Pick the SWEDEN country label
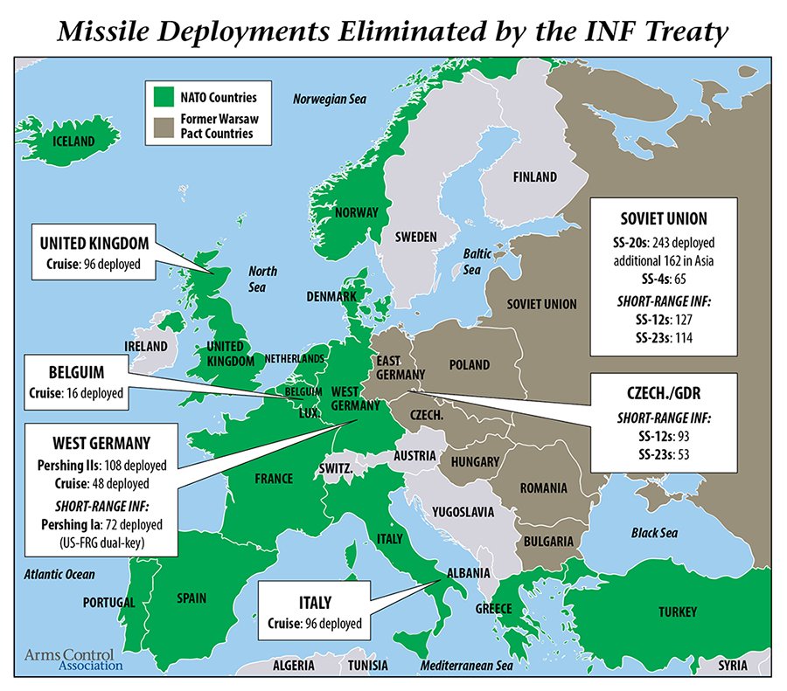(415, 237)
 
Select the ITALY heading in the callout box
(310, 604)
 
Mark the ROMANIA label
(544, 487)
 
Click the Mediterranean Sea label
(465, 665)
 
